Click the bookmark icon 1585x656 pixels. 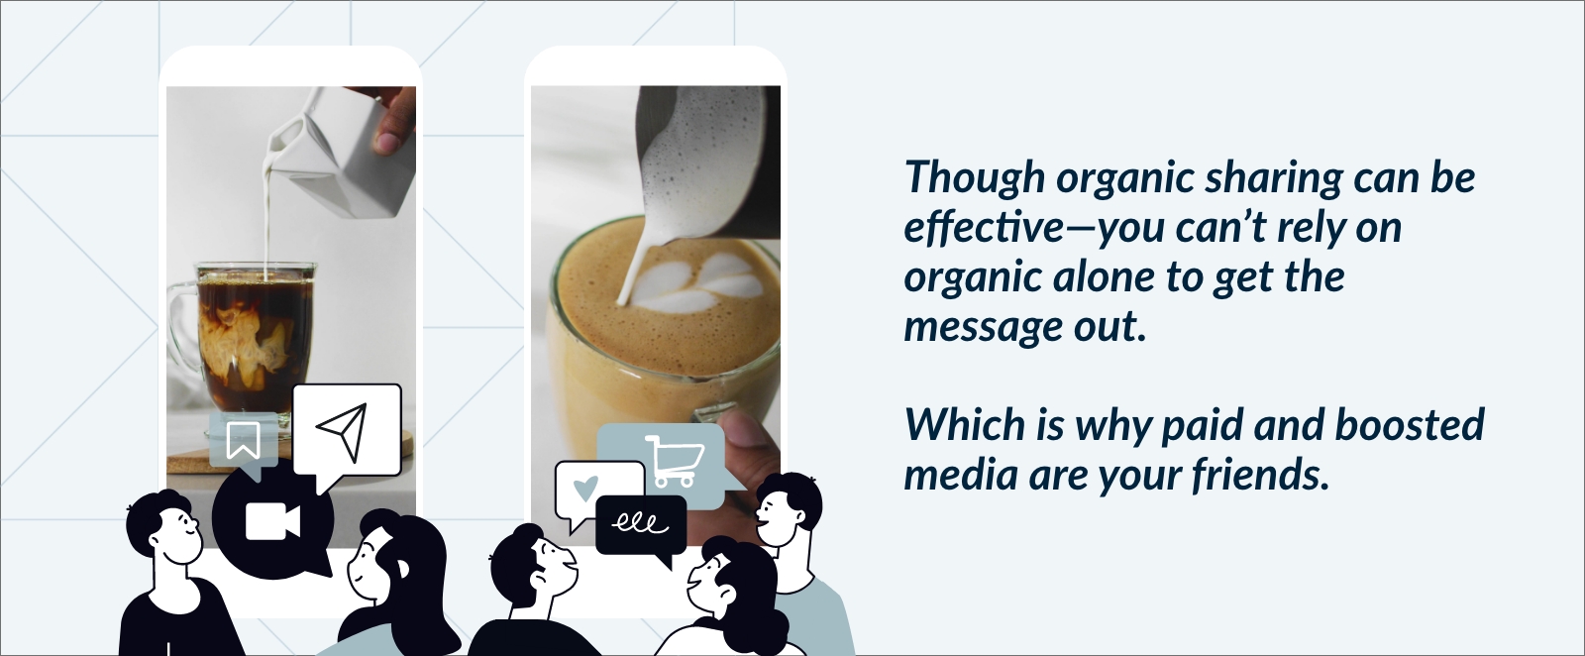point(243,440)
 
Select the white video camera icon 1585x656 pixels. point(272,522)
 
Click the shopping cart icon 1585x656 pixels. point(675,461)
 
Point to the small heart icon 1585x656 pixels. point(585,488)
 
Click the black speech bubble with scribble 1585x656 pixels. point(641,528)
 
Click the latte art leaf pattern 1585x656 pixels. point(697,284)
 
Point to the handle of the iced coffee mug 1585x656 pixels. point(181,327)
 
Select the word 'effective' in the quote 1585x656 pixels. point(984,227)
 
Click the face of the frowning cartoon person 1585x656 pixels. point(552,566)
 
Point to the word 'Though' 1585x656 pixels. point(975,178)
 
